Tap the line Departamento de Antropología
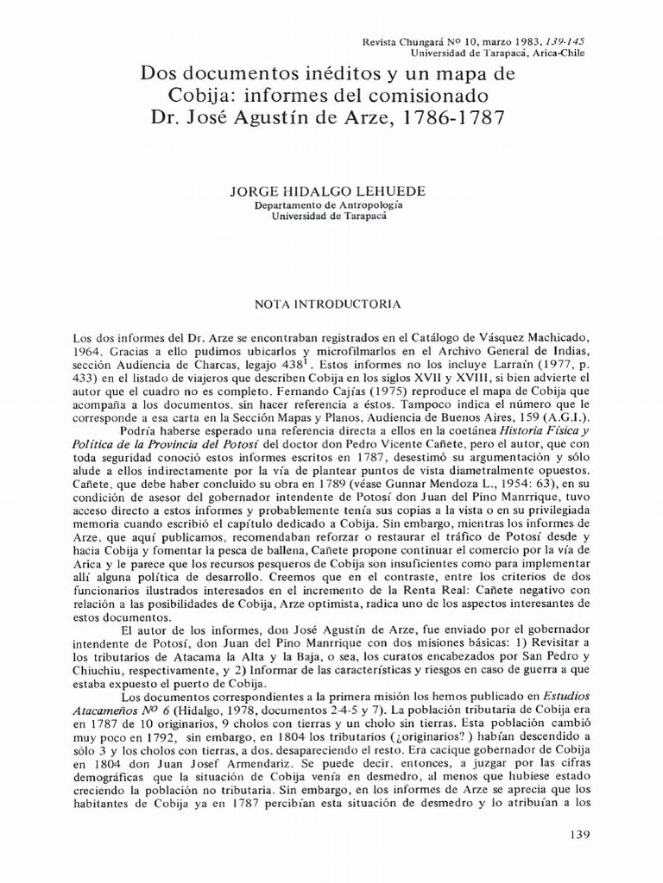pos(329,207)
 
